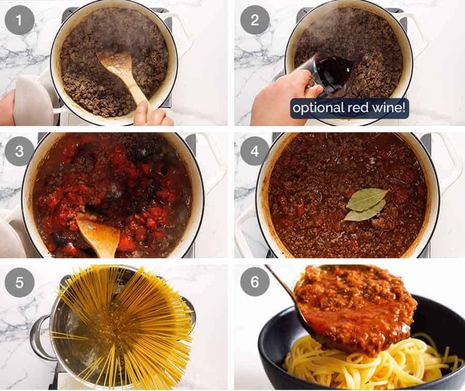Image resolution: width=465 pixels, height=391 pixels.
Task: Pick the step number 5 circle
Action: [20, 283]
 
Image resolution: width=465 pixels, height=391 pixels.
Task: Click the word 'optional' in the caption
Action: [315, 108]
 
